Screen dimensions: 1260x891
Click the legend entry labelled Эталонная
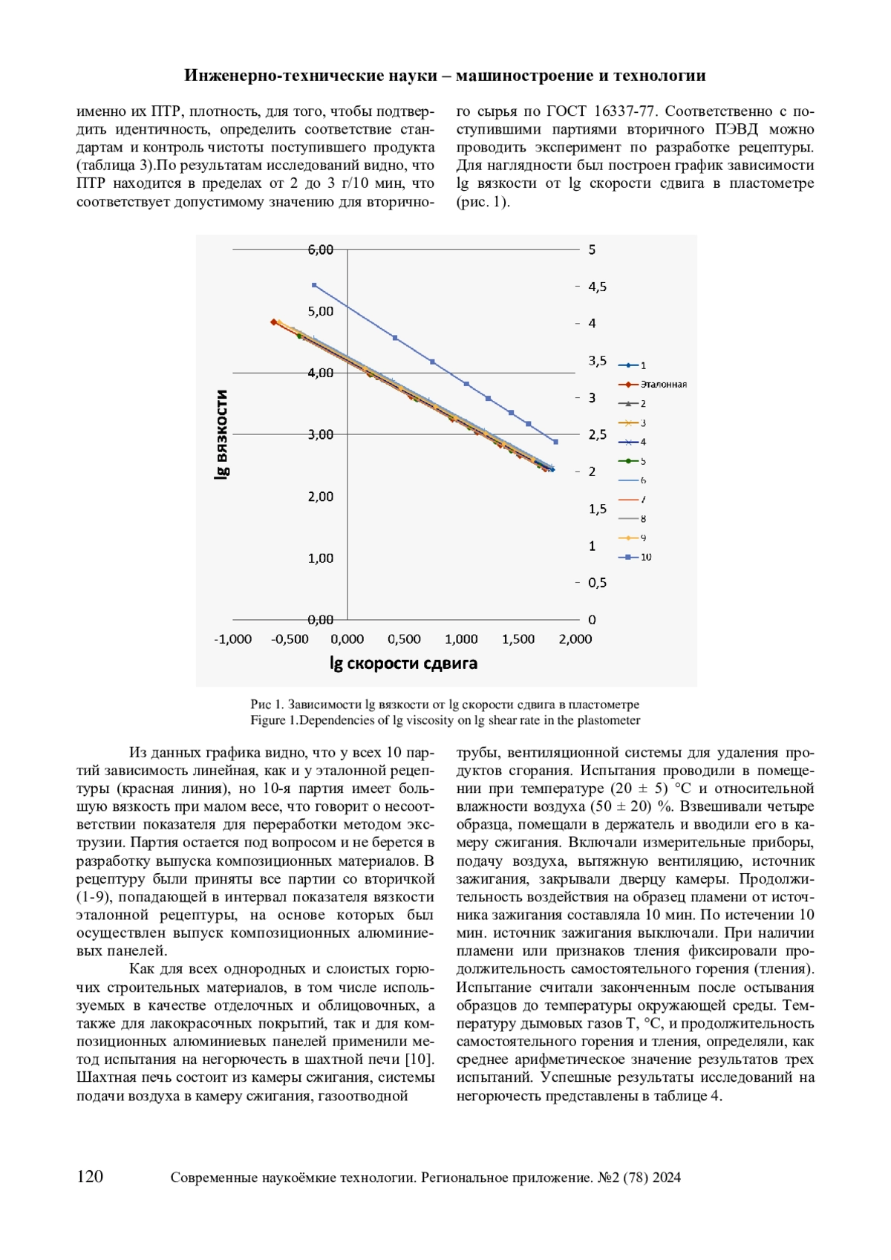663,385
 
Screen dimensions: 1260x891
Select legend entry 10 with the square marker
645,557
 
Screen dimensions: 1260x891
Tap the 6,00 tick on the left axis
321,250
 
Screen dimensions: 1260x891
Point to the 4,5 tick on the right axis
597,287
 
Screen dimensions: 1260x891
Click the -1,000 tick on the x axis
233,639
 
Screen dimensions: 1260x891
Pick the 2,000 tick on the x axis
575,639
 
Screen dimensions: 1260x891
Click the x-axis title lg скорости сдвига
403,664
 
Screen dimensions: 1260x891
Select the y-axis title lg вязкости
221,434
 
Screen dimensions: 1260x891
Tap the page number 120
90,1177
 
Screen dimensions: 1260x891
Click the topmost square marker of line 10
314,285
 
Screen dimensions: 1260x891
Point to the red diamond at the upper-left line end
274,322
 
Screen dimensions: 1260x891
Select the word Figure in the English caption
268,720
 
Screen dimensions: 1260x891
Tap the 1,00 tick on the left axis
321,558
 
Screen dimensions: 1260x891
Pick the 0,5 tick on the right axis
597,583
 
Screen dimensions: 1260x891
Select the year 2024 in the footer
667,1178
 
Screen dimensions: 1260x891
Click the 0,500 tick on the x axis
404,639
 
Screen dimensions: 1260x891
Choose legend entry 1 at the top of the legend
643,365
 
